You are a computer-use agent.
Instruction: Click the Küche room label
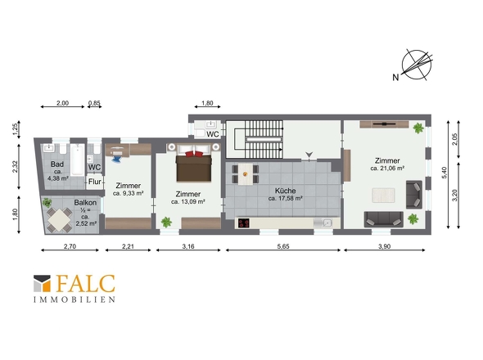point(285,191)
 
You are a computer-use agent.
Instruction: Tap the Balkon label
point(85,203)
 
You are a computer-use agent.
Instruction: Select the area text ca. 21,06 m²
point(387,169)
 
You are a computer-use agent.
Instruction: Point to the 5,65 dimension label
point(283,246)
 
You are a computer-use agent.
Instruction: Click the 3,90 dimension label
point(384,246)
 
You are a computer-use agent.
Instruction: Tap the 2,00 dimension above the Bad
point(62,103)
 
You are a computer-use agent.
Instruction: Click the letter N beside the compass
point(395,77)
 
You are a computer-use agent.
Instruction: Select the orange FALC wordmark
point(86,284)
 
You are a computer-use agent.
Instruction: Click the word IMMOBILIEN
point(74,299)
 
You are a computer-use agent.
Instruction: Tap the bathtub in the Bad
point(77,160)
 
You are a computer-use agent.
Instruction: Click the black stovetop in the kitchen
point(244,223)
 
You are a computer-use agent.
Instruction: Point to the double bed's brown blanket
point(194,169)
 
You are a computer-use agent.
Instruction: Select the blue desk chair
point(117,159)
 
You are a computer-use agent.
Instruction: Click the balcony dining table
point(60,219)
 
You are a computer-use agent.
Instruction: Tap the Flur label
point(95,182)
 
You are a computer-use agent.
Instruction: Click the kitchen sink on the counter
point(323,223)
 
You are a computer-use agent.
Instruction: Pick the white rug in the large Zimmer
point(383,196)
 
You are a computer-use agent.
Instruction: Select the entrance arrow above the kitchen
point(309,155)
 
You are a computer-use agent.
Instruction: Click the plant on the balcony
point(47,202)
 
